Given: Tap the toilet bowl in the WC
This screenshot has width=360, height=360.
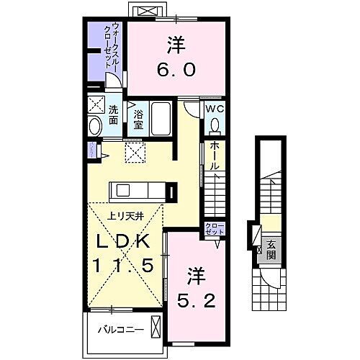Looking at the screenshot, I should [215, 125].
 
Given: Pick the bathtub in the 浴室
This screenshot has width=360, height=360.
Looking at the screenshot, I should [160, 118].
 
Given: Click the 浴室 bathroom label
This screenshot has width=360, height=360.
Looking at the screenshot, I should [138, 117].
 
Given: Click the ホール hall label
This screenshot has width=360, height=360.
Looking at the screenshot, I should [215, 155].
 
